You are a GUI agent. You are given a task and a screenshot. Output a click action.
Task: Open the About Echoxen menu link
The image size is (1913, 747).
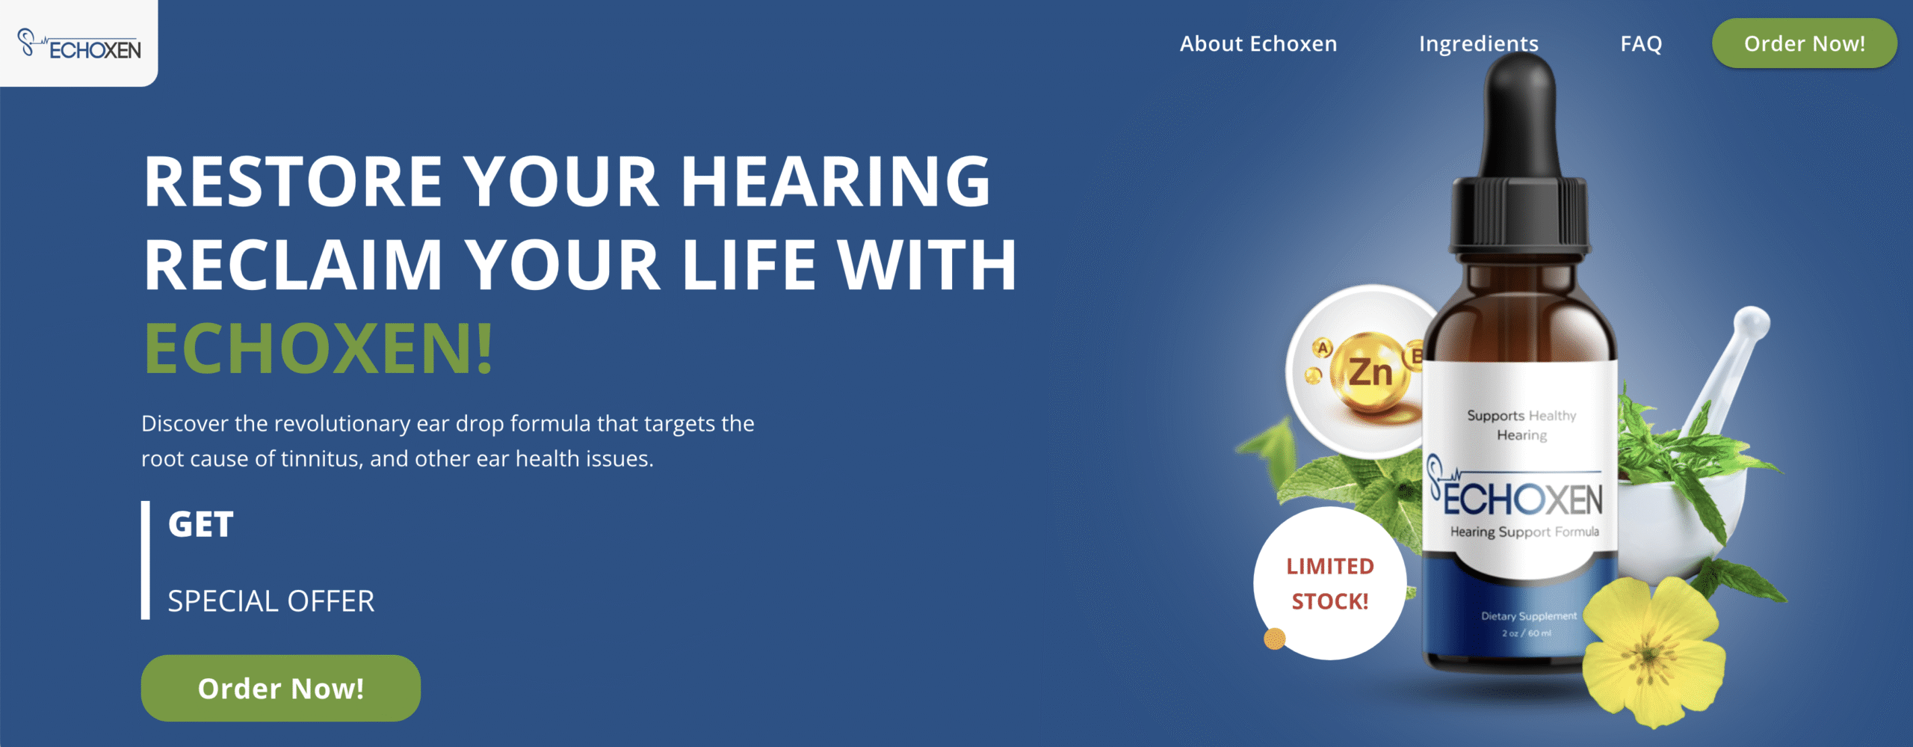[1258, 44]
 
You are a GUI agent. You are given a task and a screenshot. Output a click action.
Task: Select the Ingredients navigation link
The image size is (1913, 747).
[1479, 44]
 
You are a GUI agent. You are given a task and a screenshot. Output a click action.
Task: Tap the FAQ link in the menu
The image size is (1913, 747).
[1641, 44]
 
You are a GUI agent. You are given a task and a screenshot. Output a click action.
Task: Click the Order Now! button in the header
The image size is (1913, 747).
[1805, 43]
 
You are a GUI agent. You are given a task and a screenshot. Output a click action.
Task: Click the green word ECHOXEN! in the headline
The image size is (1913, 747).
[318, 348]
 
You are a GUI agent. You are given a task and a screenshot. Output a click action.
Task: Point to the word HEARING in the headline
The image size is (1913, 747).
[835, 181]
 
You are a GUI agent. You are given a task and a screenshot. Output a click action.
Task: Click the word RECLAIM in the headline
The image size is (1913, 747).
[294, 265]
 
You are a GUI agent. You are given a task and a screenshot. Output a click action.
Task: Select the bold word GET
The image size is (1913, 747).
[201, 524]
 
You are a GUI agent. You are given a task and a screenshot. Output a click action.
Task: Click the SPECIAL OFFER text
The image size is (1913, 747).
[271, 601]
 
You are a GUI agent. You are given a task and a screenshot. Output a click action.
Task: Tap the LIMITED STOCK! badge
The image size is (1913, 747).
[1330, 583]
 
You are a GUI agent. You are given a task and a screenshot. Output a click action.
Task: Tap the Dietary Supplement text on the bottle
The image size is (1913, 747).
[1529, 616]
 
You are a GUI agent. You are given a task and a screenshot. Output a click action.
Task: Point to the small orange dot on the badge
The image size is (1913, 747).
[1275, 639]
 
